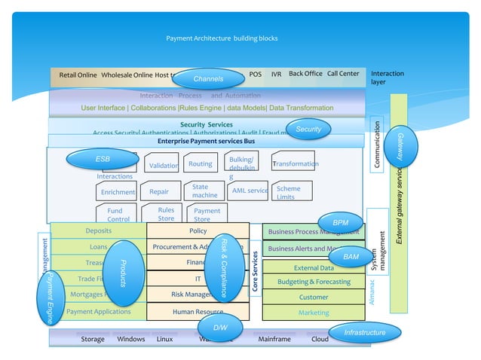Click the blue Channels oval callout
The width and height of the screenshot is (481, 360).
coord(208,79)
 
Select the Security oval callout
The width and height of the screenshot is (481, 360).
coord(308,130)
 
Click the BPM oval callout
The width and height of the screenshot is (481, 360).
coord(341,223)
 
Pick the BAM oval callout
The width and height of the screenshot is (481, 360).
coord(351,257)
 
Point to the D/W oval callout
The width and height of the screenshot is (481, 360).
coord(220,328)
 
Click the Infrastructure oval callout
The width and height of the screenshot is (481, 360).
coord(365,332)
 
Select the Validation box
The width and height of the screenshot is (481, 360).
coord(164,165)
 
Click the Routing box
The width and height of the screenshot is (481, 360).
coord(200,163)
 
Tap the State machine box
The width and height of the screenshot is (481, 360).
coord(204,191)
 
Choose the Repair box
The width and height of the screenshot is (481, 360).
coord(160,191)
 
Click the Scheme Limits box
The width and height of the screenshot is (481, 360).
coord(290,192)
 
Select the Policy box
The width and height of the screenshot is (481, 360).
coord(198,231)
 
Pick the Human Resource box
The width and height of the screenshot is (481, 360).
coord(198,311)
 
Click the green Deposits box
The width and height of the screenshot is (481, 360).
coord(99,231)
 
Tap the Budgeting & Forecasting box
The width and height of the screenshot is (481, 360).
coord(314,282)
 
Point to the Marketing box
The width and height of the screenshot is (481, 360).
coord(314,312)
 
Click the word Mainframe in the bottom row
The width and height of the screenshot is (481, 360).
coord(274,339)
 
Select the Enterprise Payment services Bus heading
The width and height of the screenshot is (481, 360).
coord(206,141)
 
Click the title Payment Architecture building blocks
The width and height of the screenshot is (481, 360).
coord(222,38)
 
